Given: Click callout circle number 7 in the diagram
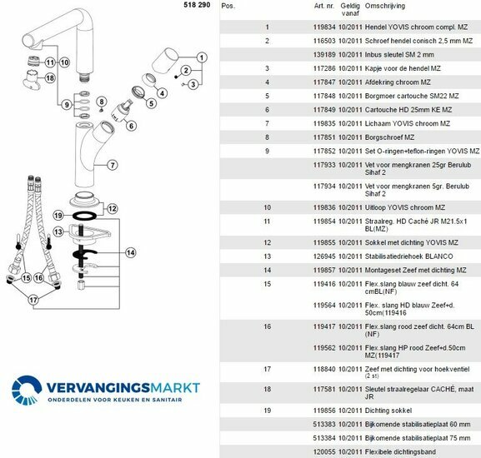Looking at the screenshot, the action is [113, 165].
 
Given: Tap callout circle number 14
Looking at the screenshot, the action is [131, 253].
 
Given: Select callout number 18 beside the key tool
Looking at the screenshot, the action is [50, 78].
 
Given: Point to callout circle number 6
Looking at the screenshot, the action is [131, 126].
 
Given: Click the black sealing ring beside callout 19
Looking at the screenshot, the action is [84, 216].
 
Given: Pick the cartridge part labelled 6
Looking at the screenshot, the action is [120, 112].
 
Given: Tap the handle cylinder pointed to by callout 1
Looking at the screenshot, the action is [165, 61].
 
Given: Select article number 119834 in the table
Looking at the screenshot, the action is [324, 27].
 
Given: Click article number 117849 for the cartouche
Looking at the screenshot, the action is [324, 110].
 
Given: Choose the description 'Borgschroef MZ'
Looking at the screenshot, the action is [389, 137].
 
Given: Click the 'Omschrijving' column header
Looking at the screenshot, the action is [384, 6].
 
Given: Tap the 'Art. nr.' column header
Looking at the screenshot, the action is [324, 6].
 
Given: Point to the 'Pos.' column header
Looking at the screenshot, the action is [228, 6].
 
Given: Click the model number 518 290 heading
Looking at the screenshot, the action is [197, 5].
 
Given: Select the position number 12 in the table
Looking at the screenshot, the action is [268, 242].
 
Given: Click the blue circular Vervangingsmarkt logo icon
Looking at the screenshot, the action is [27, 390].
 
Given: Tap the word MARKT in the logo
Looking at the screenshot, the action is [175, 388].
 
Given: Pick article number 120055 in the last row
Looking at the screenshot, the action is [324, 452].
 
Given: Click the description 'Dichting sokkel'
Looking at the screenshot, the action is [388, 411].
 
